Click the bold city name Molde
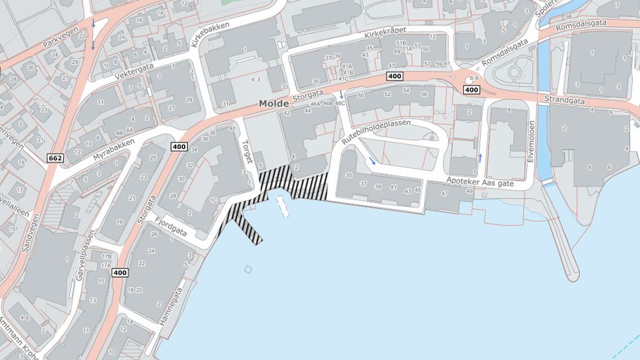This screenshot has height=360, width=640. point(274,104)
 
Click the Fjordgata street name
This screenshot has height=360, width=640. point(173,224)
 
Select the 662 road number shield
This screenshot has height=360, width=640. point(56,158)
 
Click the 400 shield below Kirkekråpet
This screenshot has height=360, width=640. point(394,76)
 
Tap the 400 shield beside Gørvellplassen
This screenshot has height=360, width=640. point(119,272)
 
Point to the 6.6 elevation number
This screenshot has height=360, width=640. point(473,78)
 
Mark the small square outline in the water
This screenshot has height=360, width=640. point(248,269)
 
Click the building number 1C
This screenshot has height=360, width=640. point(214,200)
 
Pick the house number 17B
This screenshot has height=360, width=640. point(106,257)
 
